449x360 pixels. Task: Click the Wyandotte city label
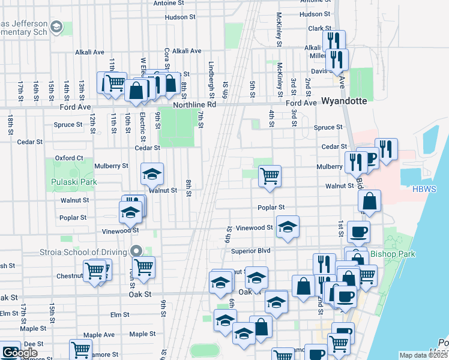[x=344, y=101]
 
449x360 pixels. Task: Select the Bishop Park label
[x=393, y=254]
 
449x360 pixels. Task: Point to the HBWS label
[x=424, y=189]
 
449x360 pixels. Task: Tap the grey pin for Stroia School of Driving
[x=136, y=251]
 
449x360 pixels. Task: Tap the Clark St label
[x=319, y=28]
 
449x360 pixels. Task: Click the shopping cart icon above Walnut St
[x=270, y=176]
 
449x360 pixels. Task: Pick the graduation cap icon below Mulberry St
[x=152, y=174]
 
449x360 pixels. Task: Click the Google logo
[x=19, y=353]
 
